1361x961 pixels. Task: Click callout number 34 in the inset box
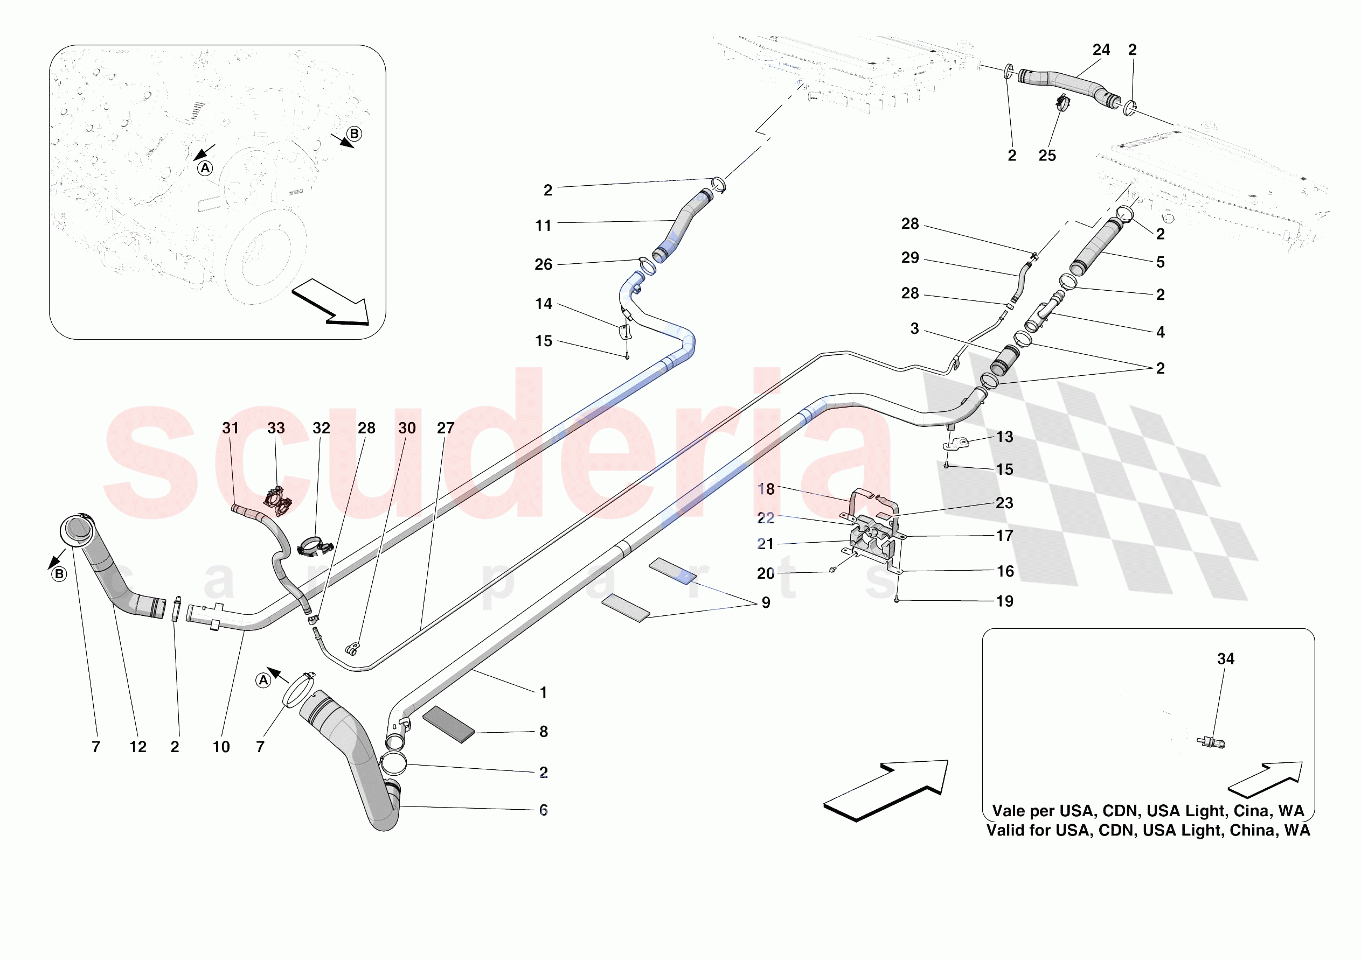click(1225, 659)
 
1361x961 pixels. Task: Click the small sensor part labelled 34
click(1211, 742)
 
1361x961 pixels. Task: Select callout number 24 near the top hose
click(1101, 50)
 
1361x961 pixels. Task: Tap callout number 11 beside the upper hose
click(543, 226)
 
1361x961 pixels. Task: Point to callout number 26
click(543, 265)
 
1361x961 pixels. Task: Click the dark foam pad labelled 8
click(449, 724)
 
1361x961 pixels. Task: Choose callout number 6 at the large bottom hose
click(543, 810)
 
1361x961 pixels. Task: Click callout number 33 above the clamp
click(276, 428)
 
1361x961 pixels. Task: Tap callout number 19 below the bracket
click(1004, 601)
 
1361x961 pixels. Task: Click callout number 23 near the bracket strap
click(1004, 503)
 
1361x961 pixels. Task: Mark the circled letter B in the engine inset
click(355, 134)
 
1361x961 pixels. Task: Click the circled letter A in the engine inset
click(205, 169)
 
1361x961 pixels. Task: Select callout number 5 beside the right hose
click(1160, 262)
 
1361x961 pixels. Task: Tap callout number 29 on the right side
click(910, 258)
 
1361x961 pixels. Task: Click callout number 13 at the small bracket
click(1004, 437)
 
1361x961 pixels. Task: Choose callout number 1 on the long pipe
click(543, 692)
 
